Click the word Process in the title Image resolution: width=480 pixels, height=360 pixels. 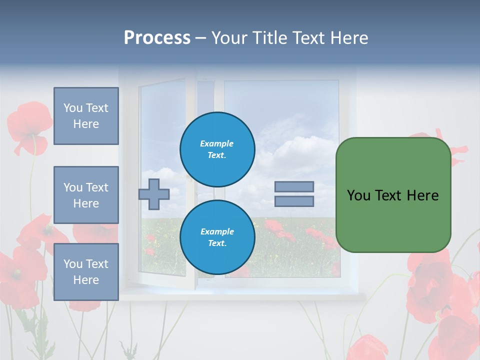[157, 38]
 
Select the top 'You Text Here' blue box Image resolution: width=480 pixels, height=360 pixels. [86, 116]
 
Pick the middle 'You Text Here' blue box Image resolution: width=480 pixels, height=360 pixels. [86, 195]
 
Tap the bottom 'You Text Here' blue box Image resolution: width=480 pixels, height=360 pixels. [86, 271]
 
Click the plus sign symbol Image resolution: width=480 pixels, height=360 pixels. [154, 194]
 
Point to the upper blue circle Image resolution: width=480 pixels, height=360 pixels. [217, 149]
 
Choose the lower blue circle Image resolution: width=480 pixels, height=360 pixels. [217, 237]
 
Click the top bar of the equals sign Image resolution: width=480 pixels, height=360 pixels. [294, 186]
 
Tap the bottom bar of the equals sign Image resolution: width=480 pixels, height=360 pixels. [294, 201]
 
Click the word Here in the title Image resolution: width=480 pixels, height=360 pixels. [348, 38]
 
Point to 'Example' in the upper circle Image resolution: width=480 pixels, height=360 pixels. [217, 143]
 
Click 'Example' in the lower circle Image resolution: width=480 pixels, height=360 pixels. [217, 231]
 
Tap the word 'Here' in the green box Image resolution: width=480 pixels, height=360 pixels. [423, 195]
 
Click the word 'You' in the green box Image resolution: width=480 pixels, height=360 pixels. [358, 195]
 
